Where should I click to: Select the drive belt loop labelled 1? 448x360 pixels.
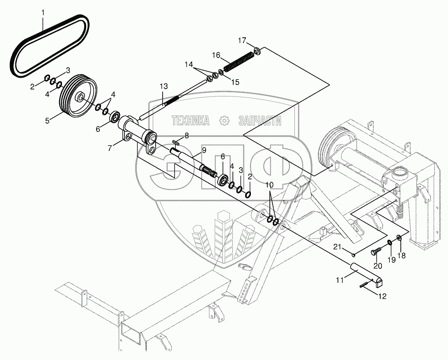click(x=17, y=63)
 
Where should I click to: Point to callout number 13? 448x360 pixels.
click(x=164, y=86)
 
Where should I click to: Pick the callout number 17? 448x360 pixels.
click(x=242, y=41)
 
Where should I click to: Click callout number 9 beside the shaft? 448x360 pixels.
click(x=204, y=150)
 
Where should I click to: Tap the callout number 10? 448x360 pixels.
click(x=269, y=185)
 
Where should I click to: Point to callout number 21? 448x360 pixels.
click(x=338, y=247)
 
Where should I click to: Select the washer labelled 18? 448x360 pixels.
click(x=399, y=237)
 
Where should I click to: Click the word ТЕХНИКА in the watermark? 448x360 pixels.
click(x=190, y=121)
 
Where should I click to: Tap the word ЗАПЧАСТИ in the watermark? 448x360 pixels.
click(x=260, y=121)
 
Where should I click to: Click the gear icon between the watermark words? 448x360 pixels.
click(x=224, y=121)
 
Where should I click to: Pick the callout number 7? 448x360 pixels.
click(x=110, y=148)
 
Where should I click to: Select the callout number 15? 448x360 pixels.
click(x=235, y=82)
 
